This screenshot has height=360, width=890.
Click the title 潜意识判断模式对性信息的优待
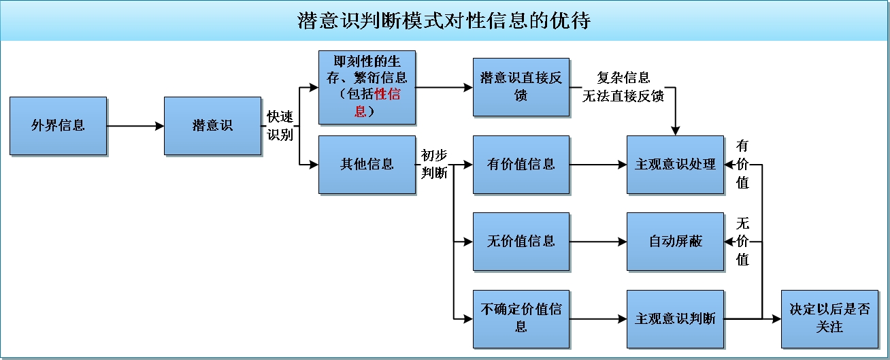click(x=444, y=21)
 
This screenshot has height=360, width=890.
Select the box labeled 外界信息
click(x=59, y=126)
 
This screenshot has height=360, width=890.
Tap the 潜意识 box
click(x=212, y=126)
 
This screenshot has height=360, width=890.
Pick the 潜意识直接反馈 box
click(x=521, y=86)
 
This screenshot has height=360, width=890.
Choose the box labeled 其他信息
click(x=367, y=165)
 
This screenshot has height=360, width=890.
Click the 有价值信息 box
click(x=521, y=165)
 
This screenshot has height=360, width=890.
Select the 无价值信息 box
click(x=521, y=242)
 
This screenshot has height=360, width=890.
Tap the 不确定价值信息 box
click(x=521, y=318)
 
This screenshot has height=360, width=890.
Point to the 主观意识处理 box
click(x=675, y=165)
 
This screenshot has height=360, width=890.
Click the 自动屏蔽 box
click(x=675, y=242)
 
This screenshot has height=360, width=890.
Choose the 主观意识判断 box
click(x=675, y=318)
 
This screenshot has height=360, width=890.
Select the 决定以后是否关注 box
click(x=829, y=318)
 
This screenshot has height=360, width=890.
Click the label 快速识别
click(x=280, y=126)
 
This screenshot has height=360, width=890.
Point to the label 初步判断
click(x=434, y=165)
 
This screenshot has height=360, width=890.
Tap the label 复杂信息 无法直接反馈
click(x=623, y=86)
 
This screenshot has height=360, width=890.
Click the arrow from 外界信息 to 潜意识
click(x=135, y=126)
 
